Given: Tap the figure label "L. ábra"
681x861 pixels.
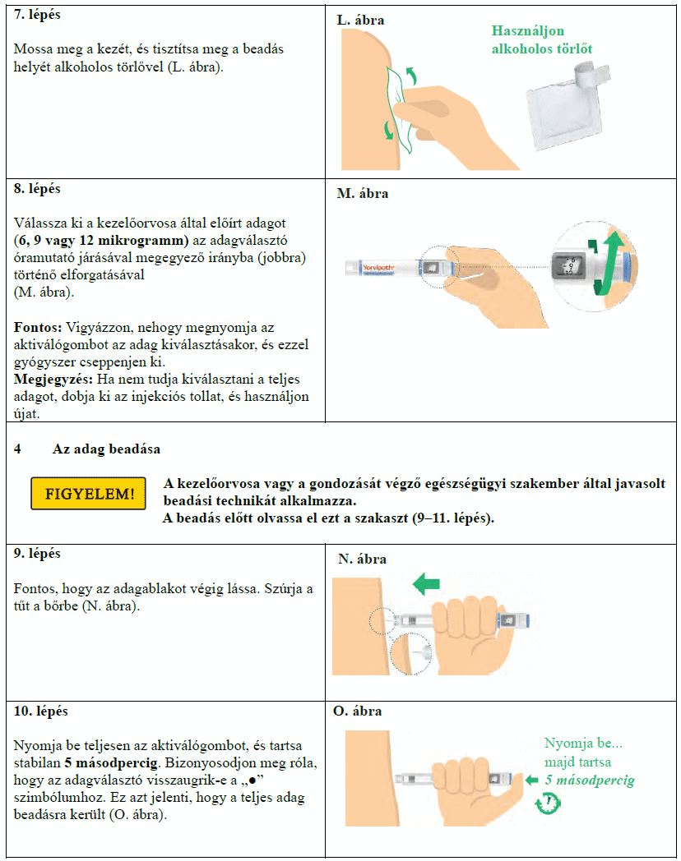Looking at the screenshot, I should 360,19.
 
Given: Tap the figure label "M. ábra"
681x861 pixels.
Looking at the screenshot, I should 363,194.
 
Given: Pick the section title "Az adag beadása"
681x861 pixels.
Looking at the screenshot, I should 106,449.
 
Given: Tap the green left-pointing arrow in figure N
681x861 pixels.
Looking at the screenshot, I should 427,584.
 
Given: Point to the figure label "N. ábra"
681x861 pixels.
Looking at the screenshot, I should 362,559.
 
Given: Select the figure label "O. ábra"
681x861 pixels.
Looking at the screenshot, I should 358,711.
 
